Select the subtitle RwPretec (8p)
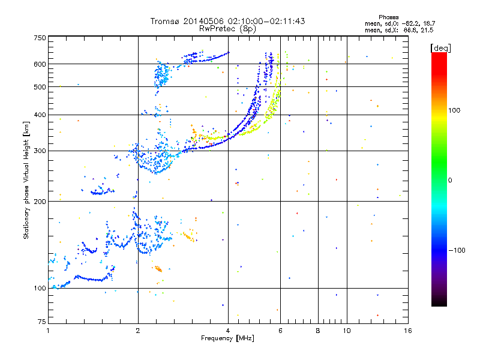point(227,29)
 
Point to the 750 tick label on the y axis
point(40,38)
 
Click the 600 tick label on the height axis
point(40,64)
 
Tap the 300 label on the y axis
point(40,151)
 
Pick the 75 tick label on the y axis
point(42,322)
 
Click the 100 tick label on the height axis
point(40,288)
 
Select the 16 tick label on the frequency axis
point(408,331)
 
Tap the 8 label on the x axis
point(318,331)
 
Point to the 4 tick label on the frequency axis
point(228,331)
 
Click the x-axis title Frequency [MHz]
point(227,338)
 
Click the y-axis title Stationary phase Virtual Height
point(26,180)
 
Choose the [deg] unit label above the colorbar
point(441,48)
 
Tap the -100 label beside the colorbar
point(457,250)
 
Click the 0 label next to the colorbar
point(450,181)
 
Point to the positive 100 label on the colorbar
point(454,110)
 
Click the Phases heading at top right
point(388,17)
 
